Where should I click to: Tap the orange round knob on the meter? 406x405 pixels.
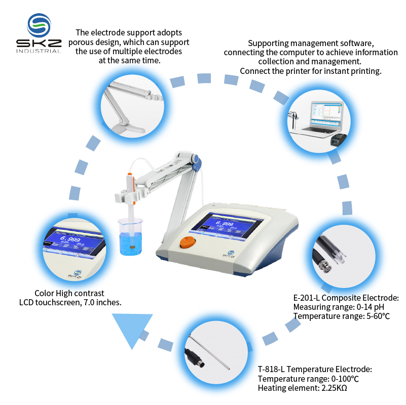187,241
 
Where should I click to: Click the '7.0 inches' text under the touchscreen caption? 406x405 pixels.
103,302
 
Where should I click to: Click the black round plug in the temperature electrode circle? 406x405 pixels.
194,356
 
